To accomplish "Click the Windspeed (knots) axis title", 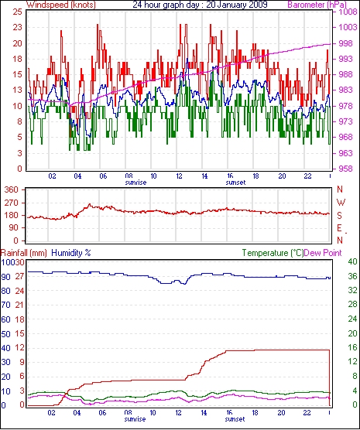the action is point(61,5).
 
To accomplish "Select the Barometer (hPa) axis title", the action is point(317,5).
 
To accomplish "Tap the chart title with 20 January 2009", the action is point(200,5).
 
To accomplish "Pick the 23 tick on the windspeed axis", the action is point(17,27).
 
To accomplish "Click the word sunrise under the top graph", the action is point(135,183).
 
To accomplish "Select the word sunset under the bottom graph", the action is point(235,419).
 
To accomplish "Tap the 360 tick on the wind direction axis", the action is point(12,189).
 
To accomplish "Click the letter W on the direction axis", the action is point(341,203).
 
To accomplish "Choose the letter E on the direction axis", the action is point(340,228).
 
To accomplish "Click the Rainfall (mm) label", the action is point(24,253).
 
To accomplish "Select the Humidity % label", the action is point(71,253).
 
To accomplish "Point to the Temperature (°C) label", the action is point(273,253).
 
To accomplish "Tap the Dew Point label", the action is point(323,253).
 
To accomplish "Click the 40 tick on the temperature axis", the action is point(352,261).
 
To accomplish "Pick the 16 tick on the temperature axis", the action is point(352,348).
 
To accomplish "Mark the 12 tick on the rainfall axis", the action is point(20,348).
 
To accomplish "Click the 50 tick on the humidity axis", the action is point(6,334).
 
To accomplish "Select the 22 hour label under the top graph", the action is point(307,176).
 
